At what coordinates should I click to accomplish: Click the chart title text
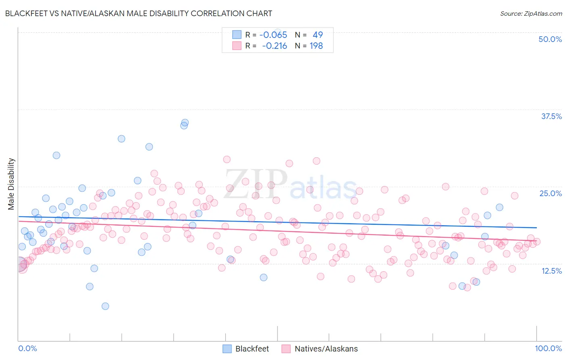point(138,13)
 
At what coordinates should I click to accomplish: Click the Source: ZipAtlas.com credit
point(531,13)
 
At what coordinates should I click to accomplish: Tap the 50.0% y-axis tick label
point(550,39)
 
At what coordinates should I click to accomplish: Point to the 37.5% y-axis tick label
point(551,116)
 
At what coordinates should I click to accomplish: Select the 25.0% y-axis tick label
point(550,193)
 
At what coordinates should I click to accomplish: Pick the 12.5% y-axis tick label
point(551,271)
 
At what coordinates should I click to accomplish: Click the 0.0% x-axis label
point(27,348)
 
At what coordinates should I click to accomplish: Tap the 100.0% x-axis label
point(548,348)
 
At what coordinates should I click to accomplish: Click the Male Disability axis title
point(11,184)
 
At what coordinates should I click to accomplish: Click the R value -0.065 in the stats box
point(273,35)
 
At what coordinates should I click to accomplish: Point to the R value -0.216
point(274,46)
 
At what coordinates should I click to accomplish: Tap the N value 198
point(316,46)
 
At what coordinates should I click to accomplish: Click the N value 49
point(317,35)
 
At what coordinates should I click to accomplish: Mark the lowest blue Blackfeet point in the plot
point(105,306)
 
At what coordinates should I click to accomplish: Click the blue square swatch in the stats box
point(237,35)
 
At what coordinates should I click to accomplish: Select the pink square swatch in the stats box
point(237,46)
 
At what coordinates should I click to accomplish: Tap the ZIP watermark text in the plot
point(255,184)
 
